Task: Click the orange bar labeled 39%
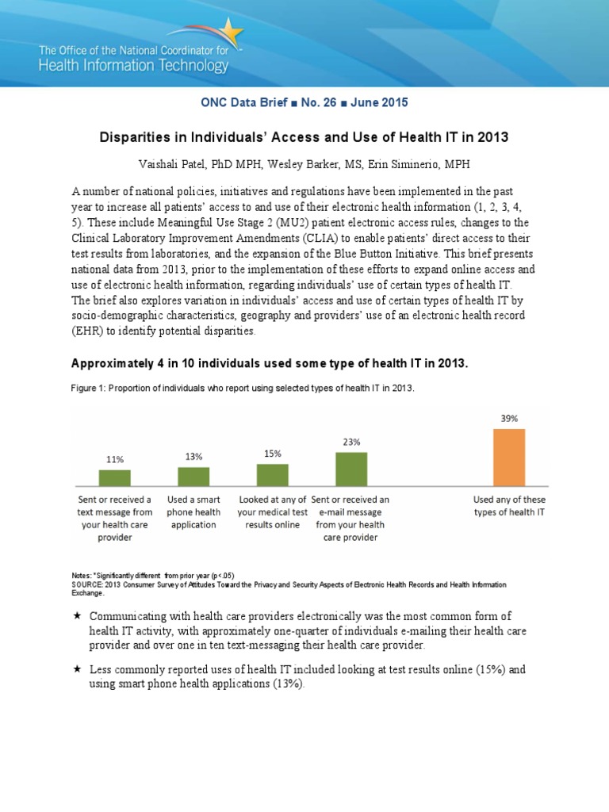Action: click(x=509, y=457)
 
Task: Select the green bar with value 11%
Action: click(x=114, y=477)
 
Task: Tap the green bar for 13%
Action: click(x=193, y=476)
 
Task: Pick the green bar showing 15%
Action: click(x=272, y=474)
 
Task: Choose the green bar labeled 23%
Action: click(x=351, y=469)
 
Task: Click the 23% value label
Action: click(x=351, y=442)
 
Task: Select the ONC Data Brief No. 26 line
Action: click(x=304, y=103)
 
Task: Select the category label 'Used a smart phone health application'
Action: click(x=193, y=511)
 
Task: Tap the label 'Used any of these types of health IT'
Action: click(x=509, y=505)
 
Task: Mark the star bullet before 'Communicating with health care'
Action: click(x=77, y=616)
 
